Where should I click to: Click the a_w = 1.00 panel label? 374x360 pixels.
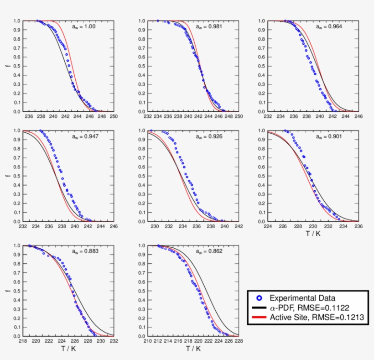(83, 27)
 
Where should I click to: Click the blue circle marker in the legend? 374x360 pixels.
(259, 298)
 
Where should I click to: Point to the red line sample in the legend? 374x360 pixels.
(259, 317)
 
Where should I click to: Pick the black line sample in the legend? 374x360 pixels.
(259, 308)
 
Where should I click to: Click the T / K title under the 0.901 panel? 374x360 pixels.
(312, 234)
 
